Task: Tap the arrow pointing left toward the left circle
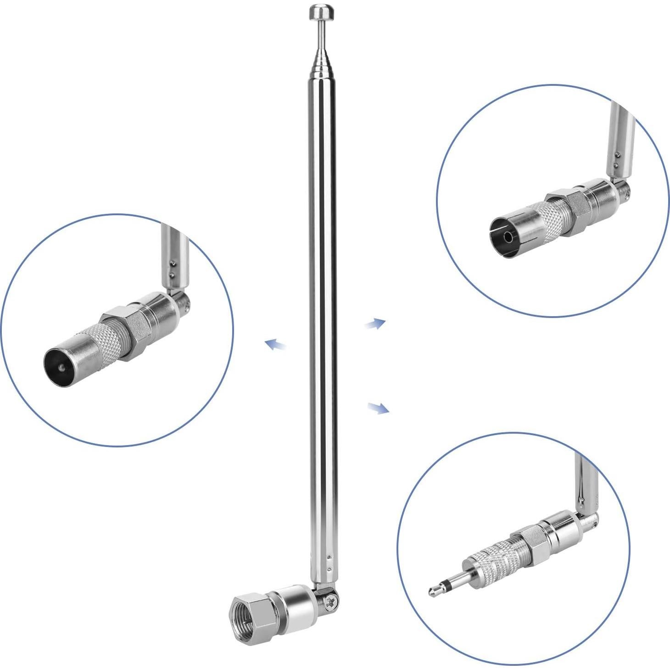tap(276, 344)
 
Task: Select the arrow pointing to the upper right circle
tap(375, 324)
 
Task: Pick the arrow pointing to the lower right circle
tap(379, 407)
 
